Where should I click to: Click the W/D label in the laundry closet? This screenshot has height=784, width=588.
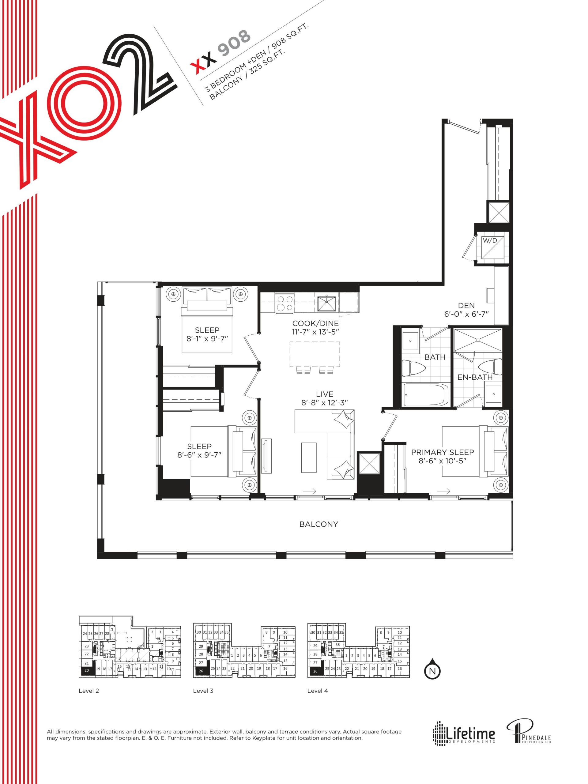pyautogui.click(x=490, y=240)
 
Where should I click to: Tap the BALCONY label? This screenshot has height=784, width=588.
pyautogui.click(x=318, y=524)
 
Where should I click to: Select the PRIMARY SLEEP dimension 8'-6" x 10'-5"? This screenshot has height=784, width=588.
pyautogui.click(x=442, y=461)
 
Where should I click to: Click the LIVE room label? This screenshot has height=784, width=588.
pyautogui.click(x=325, y=394)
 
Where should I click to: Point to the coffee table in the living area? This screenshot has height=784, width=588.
pyautogui.click(x=309, y=457)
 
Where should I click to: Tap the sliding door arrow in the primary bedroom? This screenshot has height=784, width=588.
pyautogui.click(x=443, y=491)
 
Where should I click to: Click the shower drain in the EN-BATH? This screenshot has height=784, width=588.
pyautogui.click(x=478, y=340)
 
